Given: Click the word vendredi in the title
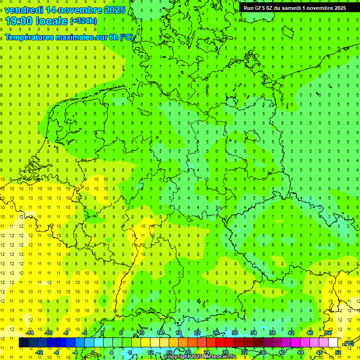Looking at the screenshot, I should (23, 10).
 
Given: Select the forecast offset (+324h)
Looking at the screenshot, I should (83, 21).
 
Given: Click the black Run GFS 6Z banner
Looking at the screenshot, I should (295, 8).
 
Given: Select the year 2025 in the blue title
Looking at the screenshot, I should (114, 10).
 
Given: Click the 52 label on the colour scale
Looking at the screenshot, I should (338, 352).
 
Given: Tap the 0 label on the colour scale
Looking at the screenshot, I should (93, 352).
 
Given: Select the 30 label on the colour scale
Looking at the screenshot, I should (234, 333).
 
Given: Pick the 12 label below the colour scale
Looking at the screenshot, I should (150, 352).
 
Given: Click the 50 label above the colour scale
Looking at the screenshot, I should (329, 333).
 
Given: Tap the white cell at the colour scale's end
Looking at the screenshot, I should (333, 343).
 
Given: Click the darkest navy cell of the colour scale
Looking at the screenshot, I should (23, 343).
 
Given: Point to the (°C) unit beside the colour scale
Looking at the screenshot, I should (349, 344).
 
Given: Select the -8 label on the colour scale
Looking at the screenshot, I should (57, 352).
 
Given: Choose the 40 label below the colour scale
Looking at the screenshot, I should (281, 352).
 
